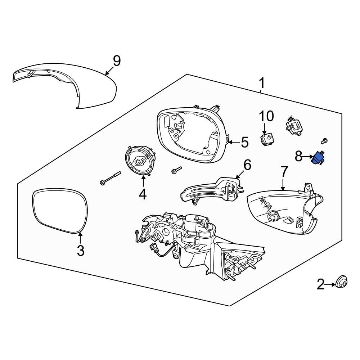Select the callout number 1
(262, 84)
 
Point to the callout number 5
(244, 142)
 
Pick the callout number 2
(320, 285)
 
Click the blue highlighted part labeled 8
(318, 158)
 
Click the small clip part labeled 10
(266, 140)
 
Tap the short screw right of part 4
(176, 171)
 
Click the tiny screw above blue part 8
(325, 141)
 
